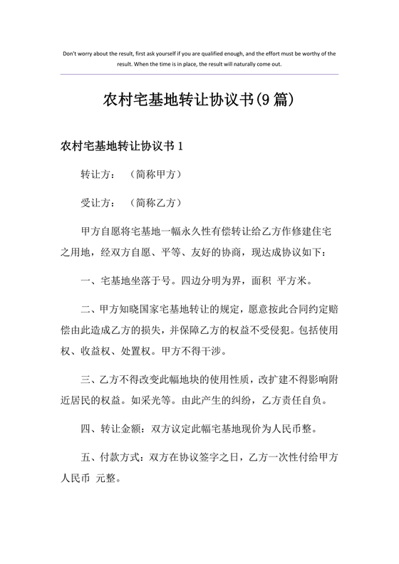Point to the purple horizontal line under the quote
click(x=199, y=73)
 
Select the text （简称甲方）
click(x=157, y=174)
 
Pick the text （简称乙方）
click(x=157, y=202)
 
